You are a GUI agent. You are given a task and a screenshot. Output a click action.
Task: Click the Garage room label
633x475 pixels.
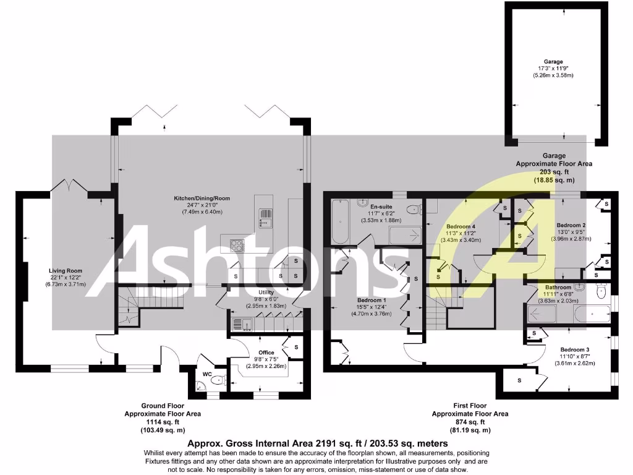pos(553,62)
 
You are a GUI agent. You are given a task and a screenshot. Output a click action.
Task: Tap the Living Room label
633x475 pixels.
pos(66,270)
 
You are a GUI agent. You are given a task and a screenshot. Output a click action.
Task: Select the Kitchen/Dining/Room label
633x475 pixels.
pos(202,199)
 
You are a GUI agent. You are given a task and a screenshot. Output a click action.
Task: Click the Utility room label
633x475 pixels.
pos(266,293)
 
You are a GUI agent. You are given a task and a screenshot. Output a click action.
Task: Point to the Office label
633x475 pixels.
pos(266,353)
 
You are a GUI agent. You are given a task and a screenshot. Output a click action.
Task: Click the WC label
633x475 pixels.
pos(208,374)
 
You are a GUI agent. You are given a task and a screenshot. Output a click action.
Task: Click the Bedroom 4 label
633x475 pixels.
pos(461,226)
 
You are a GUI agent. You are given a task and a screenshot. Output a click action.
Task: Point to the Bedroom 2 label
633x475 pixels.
pos(571,225)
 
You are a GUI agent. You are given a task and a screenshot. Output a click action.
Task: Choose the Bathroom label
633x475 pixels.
pos(558,288)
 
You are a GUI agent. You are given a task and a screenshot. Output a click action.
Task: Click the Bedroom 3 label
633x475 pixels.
pos(574,349)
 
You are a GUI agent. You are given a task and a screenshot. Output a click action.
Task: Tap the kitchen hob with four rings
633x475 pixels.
pos(237,244)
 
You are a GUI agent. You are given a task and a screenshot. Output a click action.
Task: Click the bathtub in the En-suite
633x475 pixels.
pos(340,223)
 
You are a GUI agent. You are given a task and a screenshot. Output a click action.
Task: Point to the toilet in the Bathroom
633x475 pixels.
pos(601,291)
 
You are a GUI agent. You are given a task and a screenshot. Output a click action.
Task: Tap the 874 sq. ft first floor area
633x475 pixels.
pos(470,422)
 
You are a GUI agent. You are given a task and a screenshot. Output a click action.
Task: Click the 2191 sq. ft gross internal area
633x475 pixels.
pos(316,443)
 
